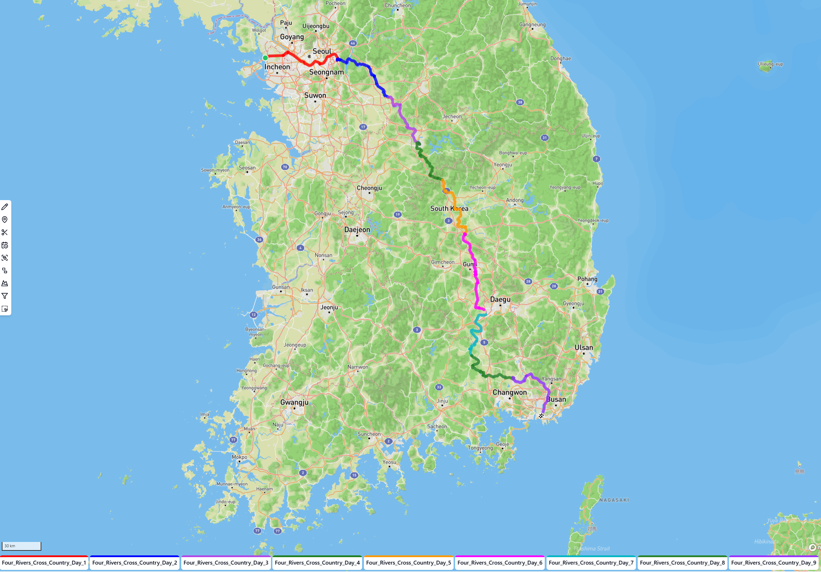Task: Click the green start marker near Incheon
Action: point(265,58)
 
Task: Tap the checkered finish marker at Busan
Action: point(541,415)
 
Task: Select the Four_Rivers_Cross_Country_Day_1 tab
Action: point(44,563)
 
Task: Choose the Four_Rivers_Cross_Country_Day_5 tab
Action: point(408,563)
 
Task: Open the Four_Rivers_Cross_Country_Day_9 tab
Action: point(773,563)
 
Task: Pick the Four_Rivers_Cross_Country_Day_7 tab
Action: point(591,563)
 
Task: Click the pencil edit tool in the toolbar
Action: point(5,207)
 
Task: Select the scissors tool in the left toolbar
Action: point(5,233)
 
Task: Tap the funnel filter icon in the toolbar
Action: point(5,296)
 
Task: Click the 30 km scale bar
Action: point(22,546)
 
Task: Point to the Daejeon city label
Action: point(357,230)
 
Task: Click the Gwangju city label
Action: point(294,402)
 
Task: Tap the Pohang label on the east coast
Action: point(587,279)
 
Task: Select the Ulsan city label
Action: point(584,348)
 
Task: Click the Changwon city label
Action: point(509,392)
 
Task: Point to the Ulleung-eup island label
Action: point(770,64)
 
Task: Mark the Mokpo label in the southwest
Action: point(239,457)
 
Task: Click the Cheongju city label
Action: point(369,188)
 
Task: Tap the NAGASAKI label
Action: point(614,500)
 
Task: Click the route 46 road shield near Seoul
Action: point(353,43)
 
